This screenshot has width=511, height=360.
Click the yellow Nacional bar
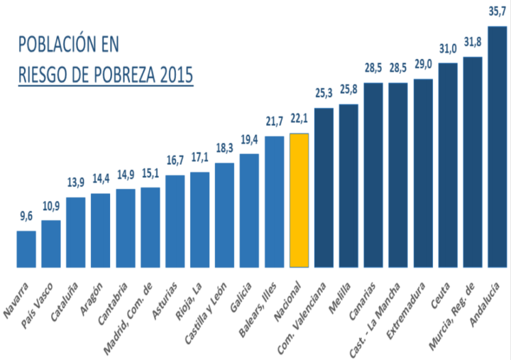coord(300,200)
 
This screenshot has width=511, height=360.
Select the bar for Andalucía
coord(498,147)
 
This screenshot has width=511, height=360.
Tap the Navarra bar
coord(26,249)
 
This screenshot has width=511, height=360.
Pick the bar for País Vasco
coord(51,244)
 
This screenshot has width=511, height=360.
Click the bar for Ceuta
coord(448,165)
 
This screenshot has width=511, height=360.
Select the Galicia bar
coord(249,210)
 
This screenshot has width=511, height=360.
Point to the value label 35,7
coord(498,12)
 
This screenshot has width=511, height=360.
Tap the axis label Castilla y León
coord(207,312)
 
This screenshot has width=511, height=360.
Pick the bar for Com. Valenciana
coord(324,187)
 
